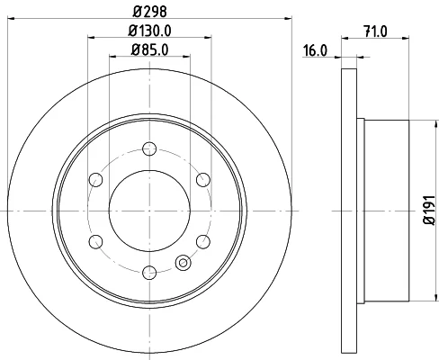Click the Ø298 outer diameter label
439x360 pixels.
tap(149, 12)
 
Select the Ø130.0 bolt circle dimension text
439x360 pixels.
tap(149, 31)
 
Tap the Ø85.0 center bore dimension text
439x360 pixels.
tap(149, 49)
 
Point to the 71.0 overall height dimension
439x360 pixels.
tap(375, 31)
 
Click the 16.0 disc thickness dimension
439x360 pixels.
tap(315, 50)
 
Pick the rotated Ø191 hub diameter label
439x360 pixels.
tap(429, 210)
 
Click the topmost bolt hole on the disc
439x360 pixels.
tap(149, 148)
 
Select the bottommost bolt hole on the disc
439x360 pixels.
tap(149, 273)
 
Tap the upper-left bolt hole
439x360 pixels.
tap(96, 180)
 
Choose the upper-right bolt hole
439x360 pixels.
tap(203, 180)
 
